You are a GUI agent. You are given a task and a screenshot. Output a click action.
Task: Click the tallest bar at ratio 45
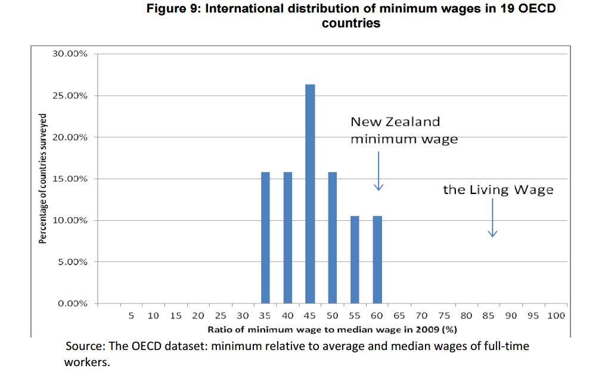pyautogui.click(x=310, y=194)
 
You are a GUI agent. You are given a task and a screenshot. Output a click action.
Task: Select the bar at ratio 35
pyautogui.click(x=265, y=237)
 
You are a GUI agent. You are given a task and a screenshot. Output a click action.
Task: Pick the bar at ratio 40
pyautogui.click(x=288, y=237)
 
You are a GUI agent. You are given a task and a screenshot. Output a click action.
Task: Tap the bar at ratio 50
pyautogui.click(x=333, y=237)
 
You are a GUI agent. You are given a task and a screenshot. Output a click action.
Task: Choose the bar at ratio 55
pyautogui.click(x=355, y=260)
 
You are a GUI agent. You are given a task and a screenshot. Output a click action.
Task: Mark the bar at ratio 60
pyautogui.click(x=377, y=260)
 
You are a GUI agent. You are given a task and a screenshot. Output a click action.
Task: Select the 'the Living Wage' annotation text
pyautogui.click(x=498, y=190)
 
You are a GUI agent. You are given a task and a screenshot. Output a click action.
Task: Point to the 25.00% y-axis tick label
pyautogui.click(x=70, y=95)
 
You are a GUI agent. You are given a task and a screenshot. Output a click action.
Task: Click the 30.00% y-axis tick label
pyautogui.click(x=70, y=54)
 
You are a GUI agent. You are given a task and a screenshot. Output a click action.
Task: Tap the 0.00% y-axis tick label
pyautogui.click(x=72, y=304)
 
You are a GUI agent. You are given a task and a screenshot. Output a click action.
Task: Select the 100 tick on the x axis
pyautogui.click(x=556, y=316)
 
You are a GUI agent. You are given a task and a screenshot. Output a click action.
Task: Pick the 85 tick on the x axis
pyautogui.click(x=488, y=316)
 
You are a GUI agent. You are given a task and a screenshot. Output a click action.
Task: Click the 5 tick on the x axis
pyautogui.click(x=131, y=316)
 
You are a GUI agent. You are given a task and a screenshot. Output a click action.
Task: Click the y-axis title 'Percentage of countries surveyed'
pyautogui.click(x=43, y=179)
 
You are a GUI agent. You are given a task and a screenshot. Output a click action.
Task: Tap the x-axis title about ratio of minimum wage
pyautogui.click(x=332, y=329)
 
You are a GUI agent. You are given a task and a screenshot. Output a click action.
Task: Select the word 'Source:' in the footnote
pyautogui.click(x=83, y=346)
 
